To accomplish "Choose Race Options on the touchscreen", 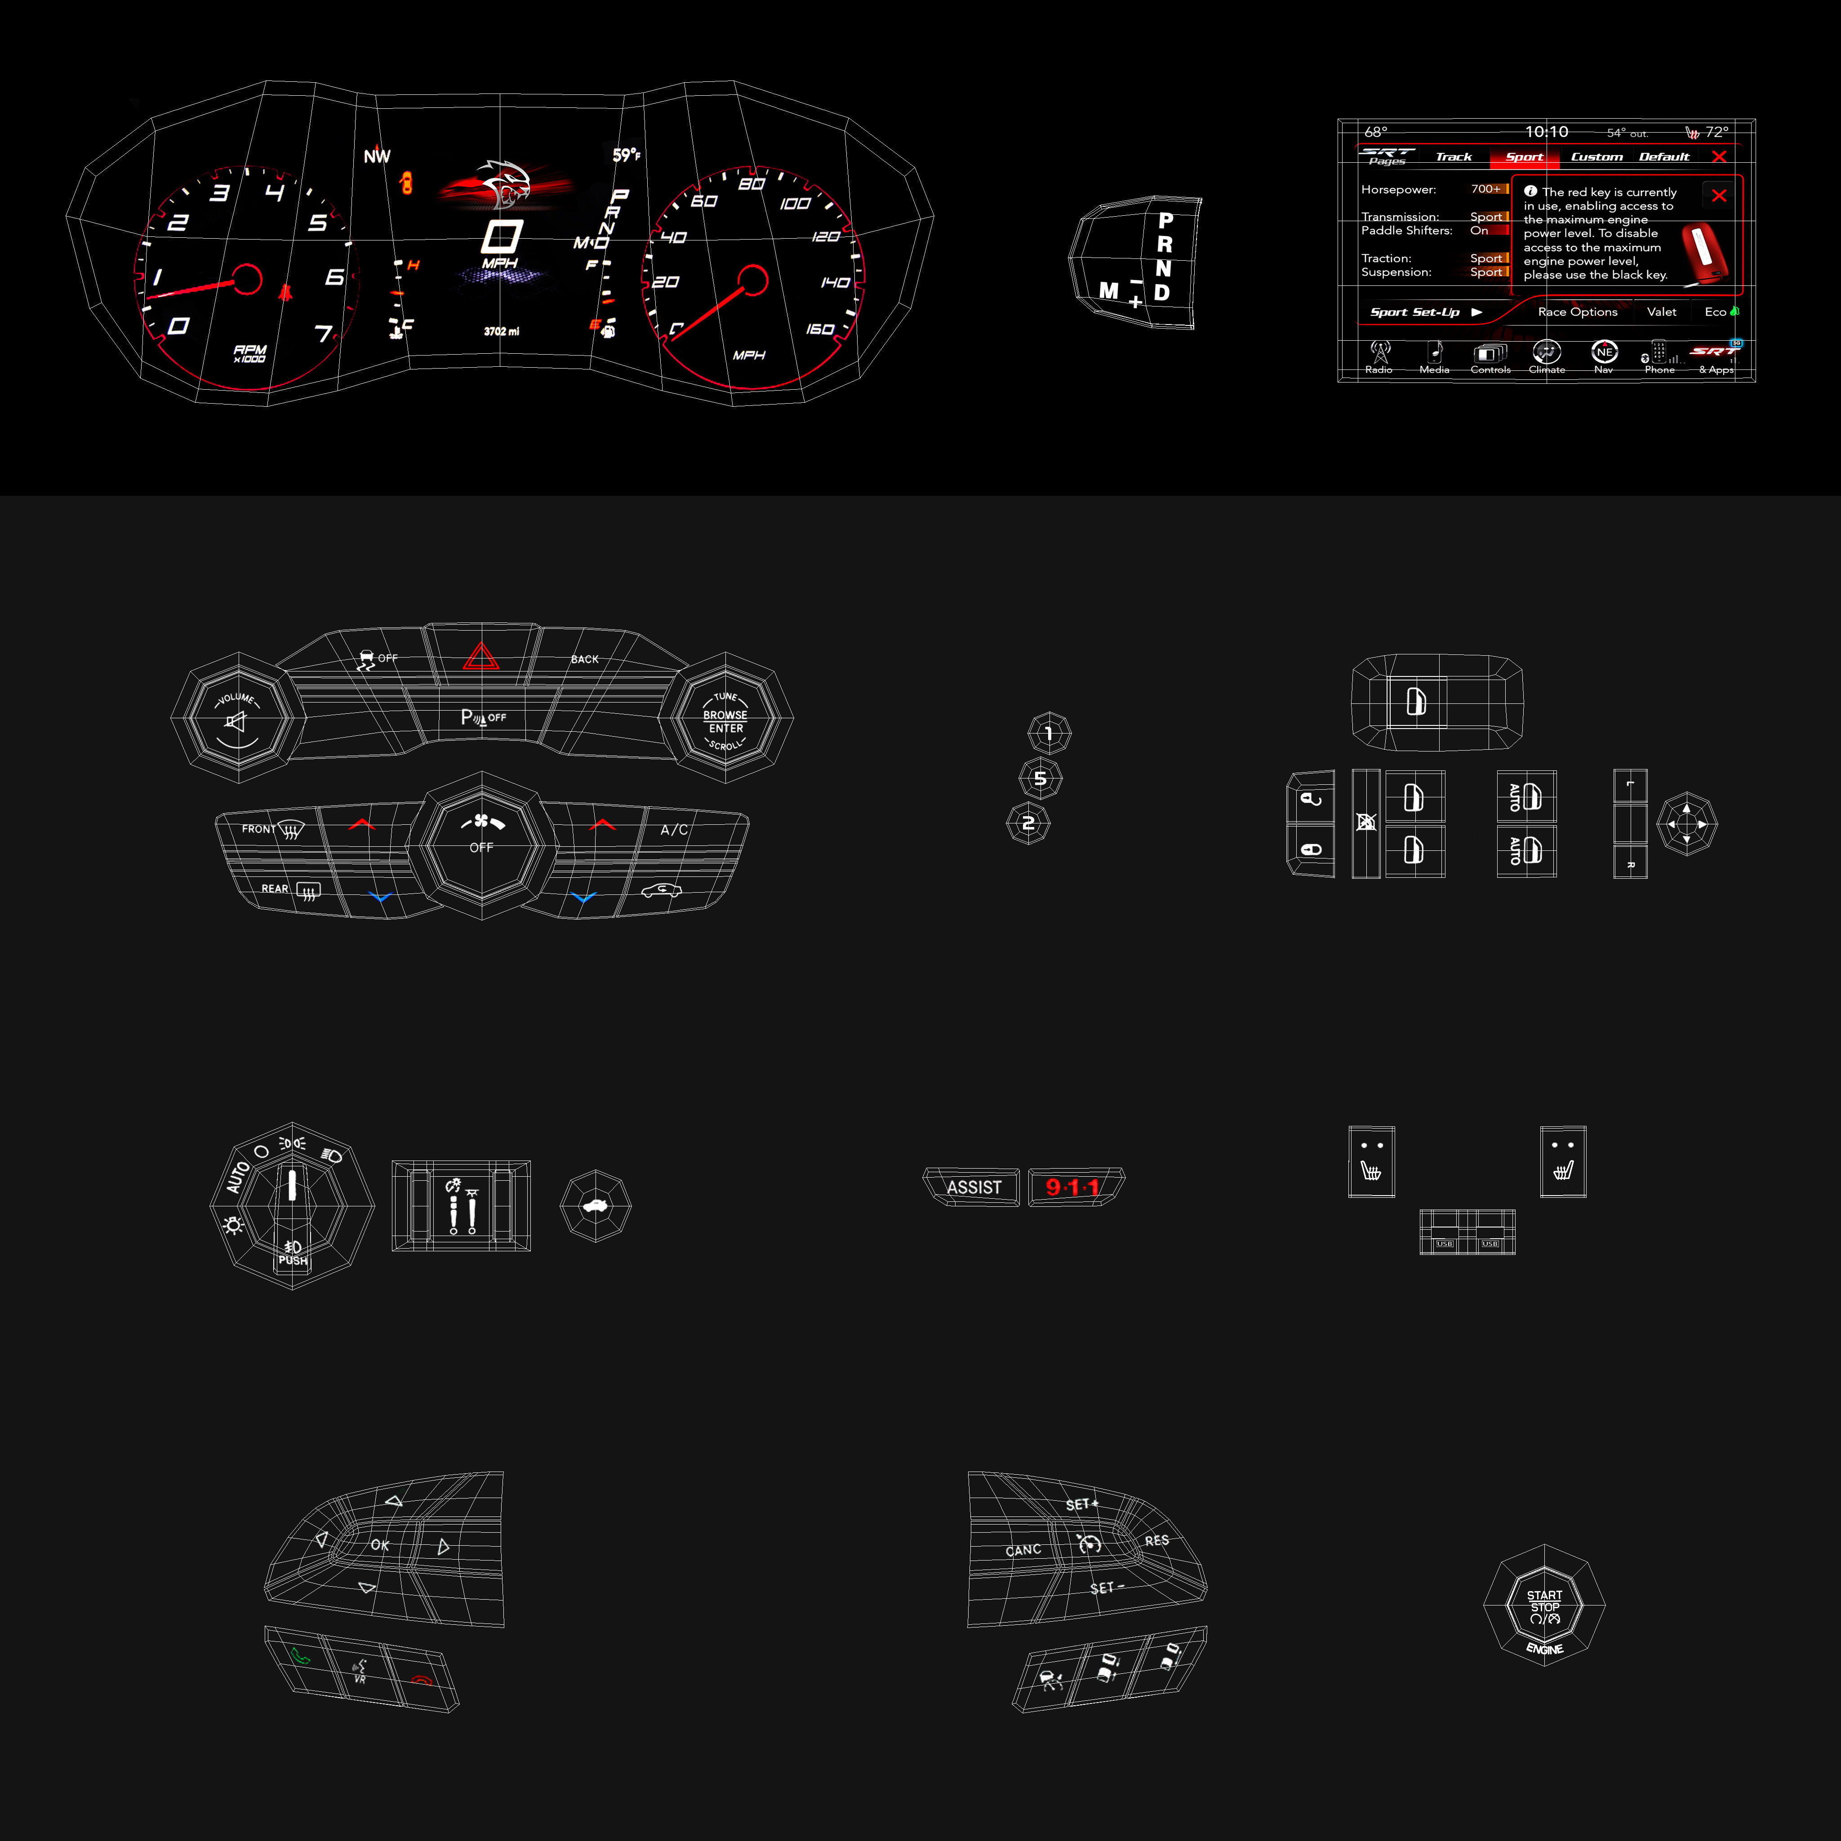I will pos(1577,311).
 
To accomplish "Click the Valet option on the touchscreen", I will pos(1661,311).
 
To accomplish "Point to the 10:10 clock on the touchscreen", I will pos(1546,132).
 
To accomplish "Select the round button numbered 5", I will pos(1040,778).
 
